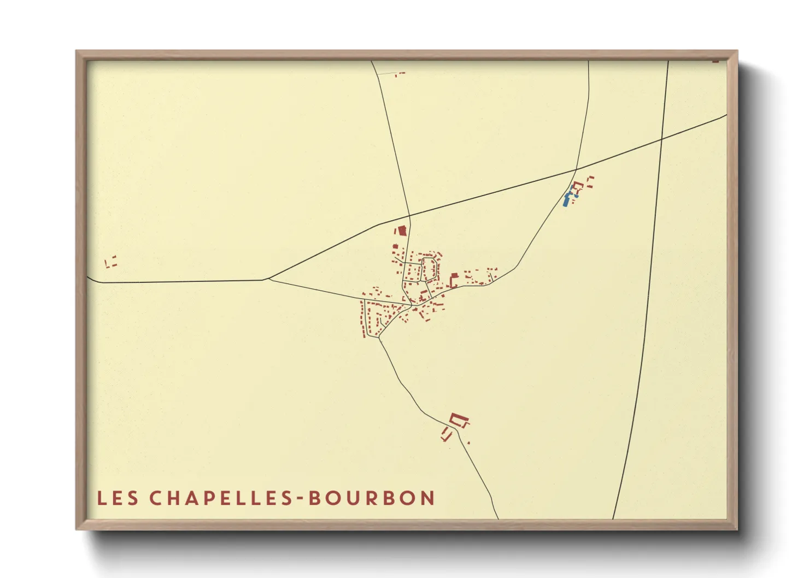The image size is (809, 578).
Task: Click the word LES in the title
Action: pos(118,498)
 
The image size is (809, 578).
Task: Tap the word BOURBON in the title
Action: pos(372,498)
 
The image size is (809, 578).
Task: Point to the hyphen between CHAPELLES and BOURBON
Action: pos(301,499)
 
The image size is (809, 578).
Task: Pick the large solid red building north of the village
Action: pos(402,231)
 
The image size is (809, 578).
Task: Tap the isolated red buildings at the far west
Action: pos(111,262)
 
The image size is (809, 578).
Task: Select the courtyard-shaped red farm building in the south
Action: pos(459,421)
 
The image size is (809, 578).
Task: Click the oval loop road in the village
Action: pos(429,269)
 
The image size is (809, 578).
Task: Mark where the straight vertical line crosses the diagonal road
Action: pos(661,139)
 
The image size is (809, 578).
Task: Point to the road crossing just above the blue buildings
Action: pos(576,169)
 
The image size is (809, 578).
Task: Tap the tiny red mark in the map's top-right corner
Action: pos(716,61)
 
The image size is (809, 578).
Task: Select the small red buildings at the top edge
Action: pos(400,73)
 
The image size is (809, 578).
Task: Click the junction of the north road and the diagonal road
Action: pos(409,216)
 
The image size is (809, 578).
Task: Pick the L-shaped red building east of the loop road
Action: pos(453,281)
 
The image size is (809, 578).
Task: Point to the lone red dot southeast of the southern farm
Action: pos(468,443)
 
